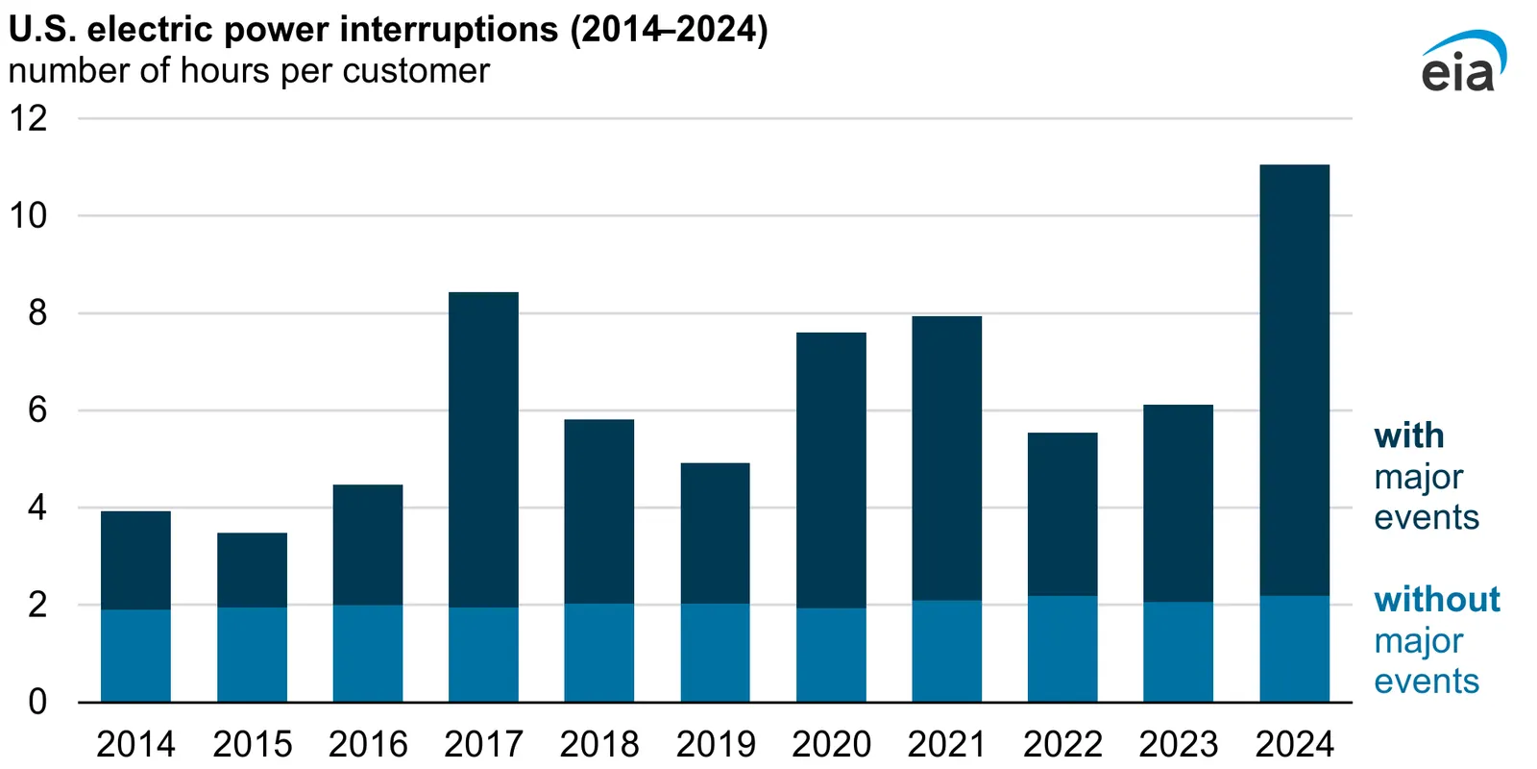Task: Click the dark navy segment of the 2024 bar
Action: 1294,380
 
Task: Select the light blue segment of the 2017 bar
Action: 483,654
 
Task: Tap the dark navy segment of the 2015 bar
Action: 252,569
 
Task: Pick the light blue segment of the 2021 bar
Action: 946,651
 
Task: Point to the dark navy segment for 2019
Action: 715,533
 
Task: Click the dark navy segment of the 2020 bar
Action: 831,469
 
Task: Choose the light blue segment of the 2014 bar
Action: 135,655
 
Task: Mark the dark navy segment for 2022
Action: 1062,513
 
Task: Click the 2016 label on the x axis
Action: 368,744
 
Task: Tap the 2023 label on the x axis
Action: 1178,744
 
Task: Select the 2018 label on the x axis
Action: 599,744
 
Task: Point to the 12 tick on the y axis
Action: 28,118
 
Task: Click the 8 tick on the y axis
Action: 37,312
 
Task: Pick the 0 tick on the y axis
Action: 37,702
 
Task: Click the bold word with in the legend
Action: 1408,435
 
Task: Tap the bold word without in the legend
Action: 1436,599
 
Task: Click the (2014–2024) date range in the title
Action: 669,29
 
